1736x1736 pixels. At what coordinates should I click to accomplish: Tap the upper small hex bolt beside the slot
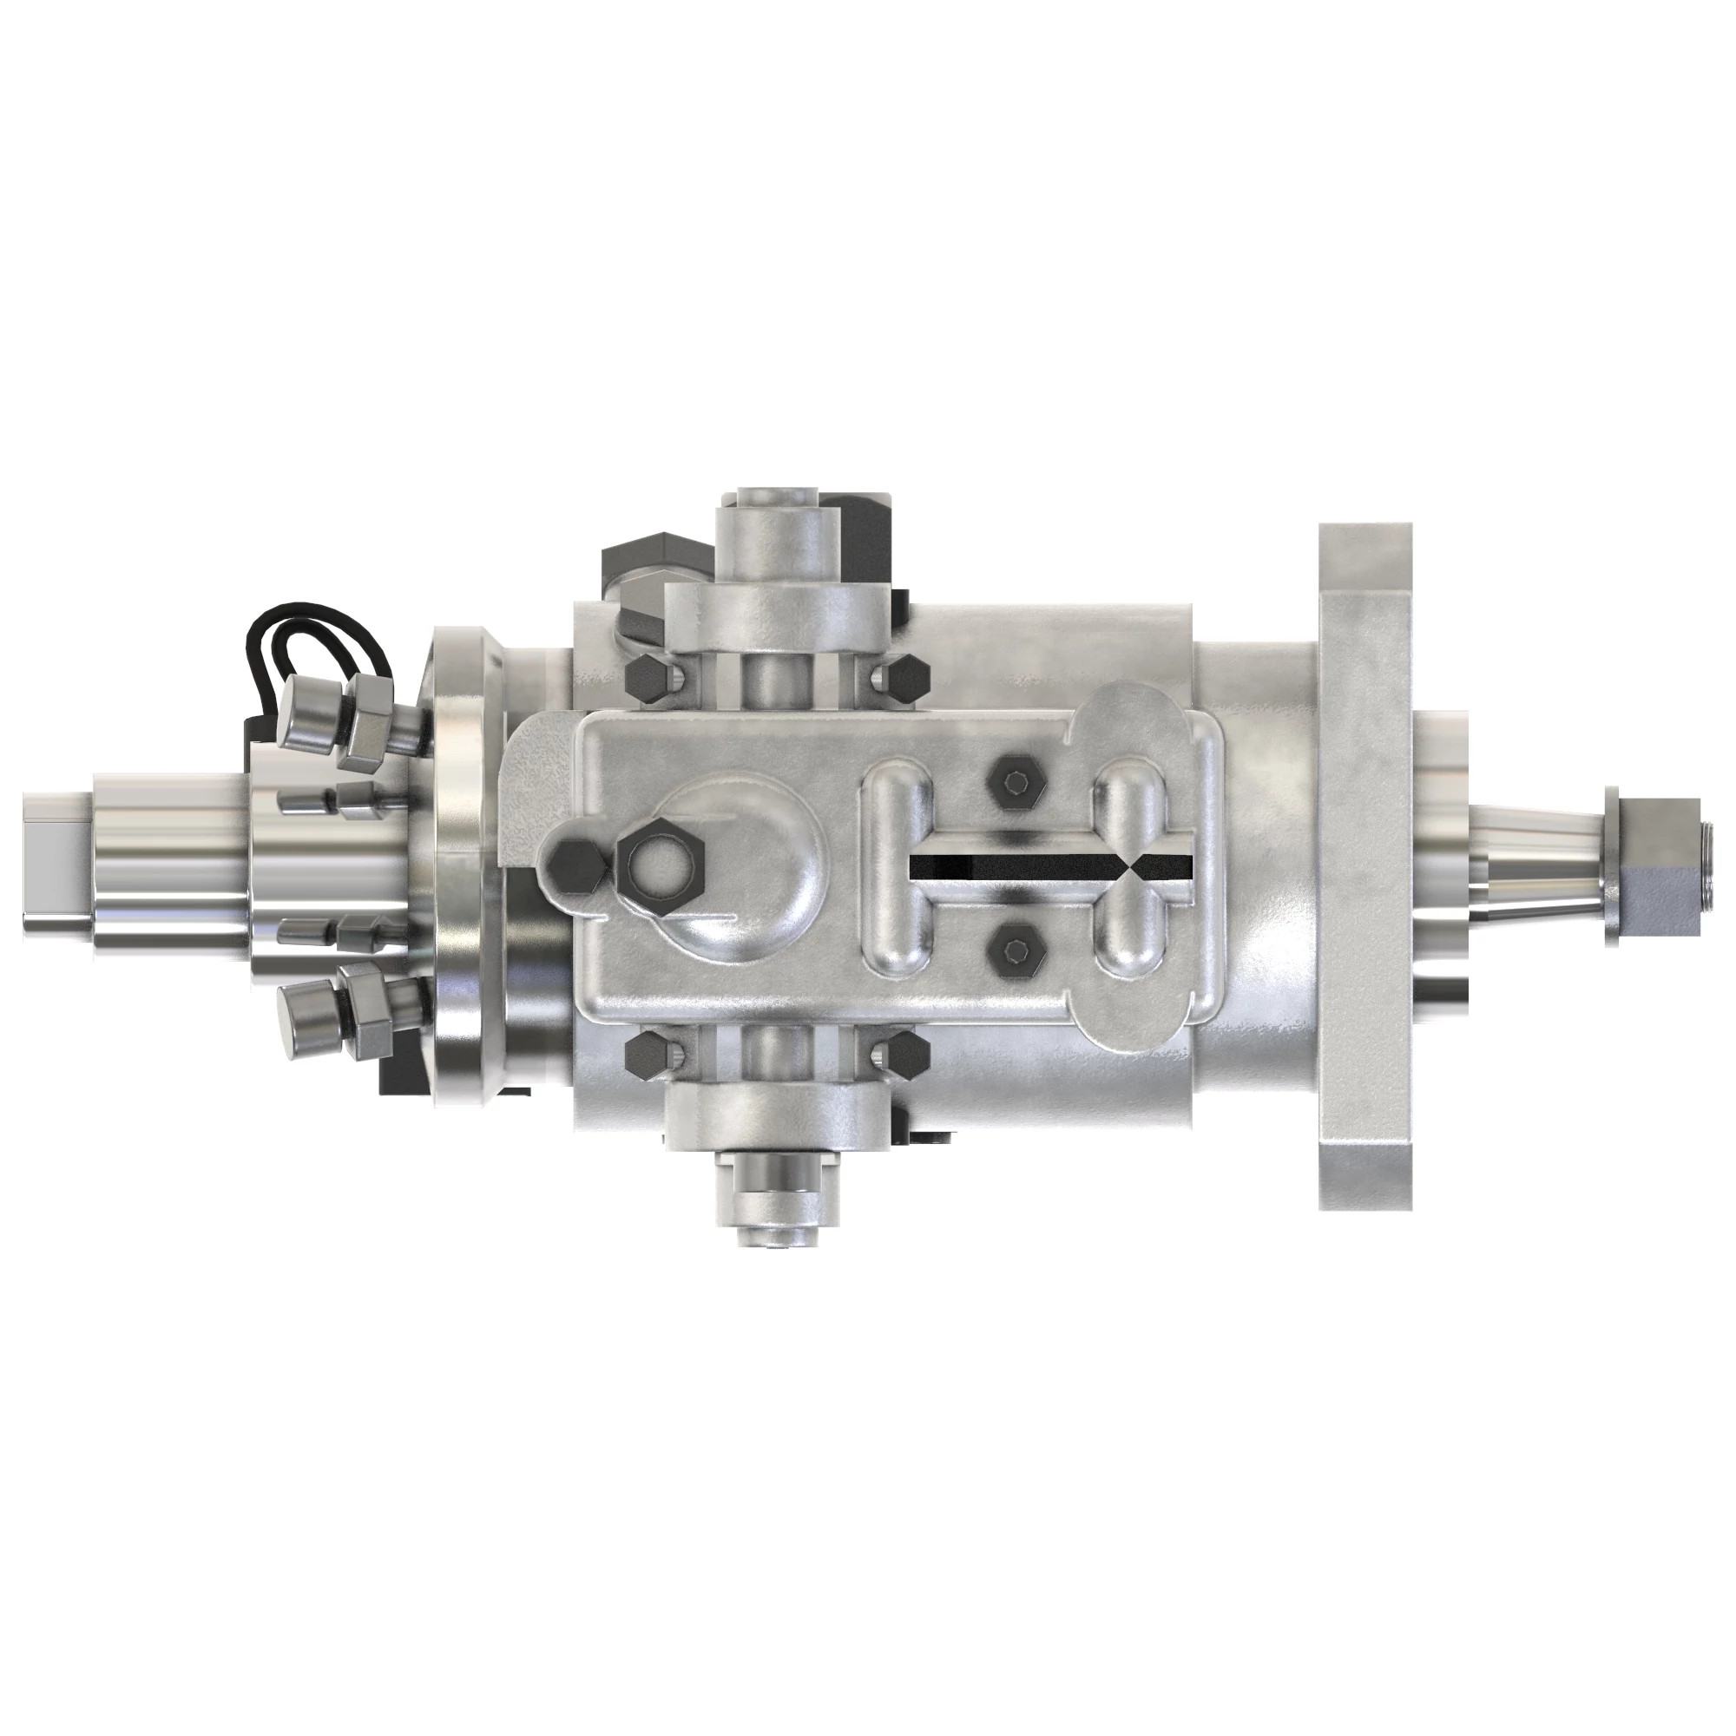[x=1015, y=783]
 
